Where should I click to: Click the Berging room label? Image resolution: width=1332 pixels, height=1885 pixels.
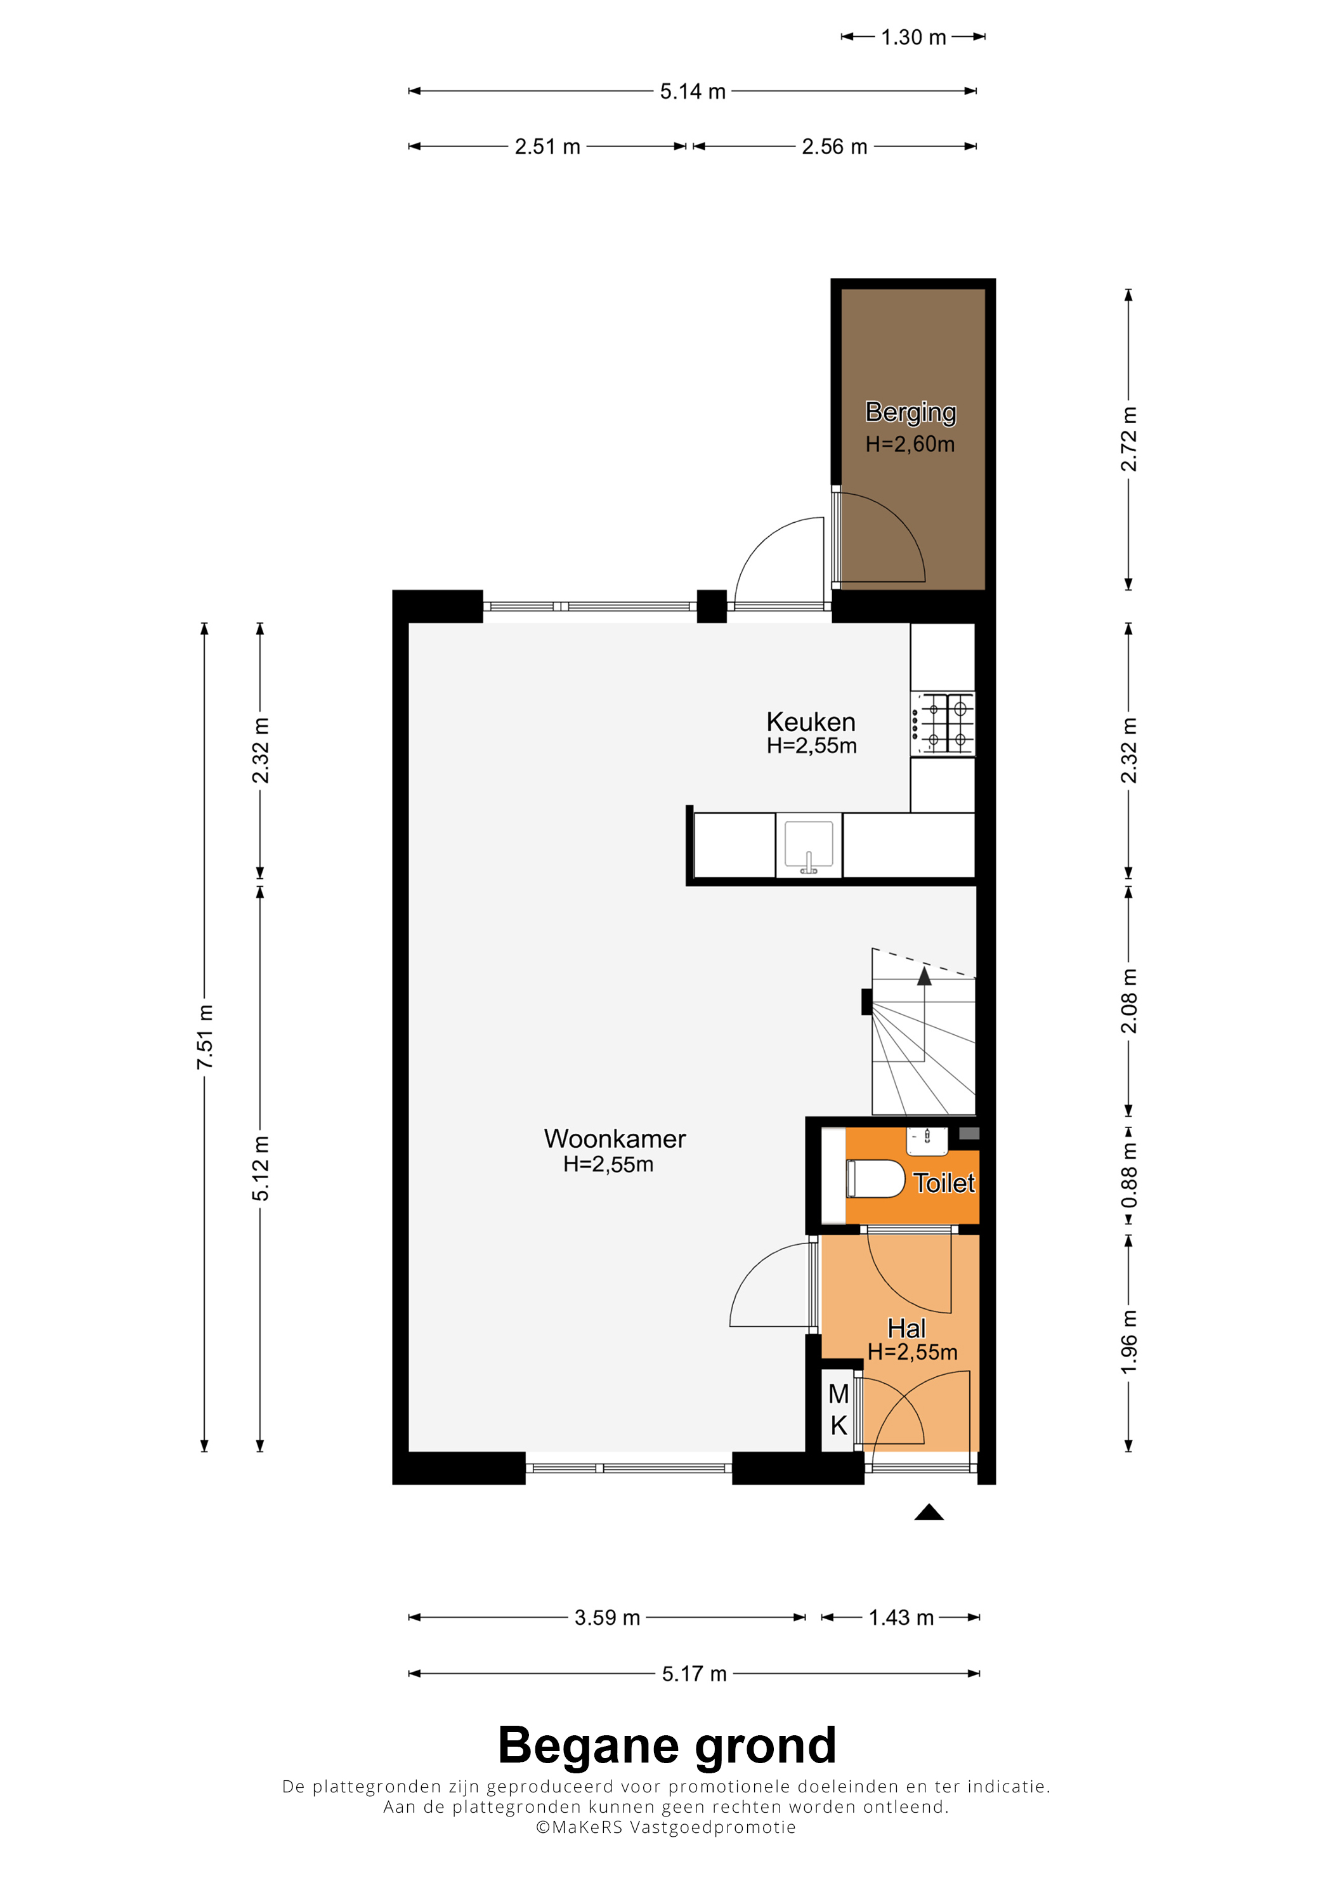pyautogui.click(x=910, y=412)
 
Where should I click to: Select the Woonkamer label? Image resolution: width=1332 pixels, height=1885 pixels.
pyautogui.click(x=615, y=1139)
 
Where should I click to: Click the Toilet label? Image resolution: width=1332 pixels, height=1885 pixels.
pyautogui.click(x=944, y=1183)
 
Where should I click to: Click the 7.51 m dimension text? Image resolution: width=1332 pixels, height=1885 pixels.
pyautogui.click(x=204, y=1037)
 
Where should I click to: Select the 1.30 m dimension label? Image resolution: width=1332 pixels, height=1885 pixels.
pyautogui.click(x=913, y=37)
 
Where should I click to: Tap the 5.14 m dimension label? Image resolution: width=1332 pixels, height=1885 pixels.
pyautogui.click(x=693, y=91)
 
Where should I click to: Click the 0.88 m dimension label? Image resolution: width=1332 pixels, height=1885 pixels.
pyautogui.click(x=1129, y=1176)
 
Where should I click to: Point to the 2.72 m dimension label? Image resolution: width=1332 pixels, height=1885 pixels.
pyautogui.click(x=1129, y=439)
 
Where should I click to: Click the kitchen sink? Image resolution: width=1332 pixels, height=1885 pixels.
pyautogui.click(x=808, y=845)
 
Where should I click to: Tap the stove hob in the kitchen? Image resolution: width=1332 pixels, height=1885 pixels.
pyautogui.click(x=943, y=723)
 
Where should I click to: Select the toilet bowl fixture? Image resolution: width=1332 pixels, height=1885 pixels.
pyautogui.click(x=875, y=1178)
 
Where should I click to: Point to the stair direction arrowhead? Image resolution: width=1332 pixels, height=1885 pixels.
pyautogui.click(x=925, y=975)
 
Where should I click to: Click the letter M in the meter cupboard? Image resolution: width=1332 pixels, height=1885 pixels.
pyautogui.click(x=839, y=1393)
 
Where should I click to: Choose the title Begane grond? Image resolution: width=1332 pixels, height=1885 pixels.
pyautogui.click(x=667, y=1745)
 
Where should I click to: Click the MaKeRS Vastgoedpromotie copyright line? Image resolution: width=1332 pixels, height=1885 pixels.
pyautogui.click(x=667, y=1827)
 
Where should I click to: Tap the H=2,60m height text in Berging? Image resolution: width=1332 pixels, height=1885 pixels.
pyautogui.click(x=910, y=444)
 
